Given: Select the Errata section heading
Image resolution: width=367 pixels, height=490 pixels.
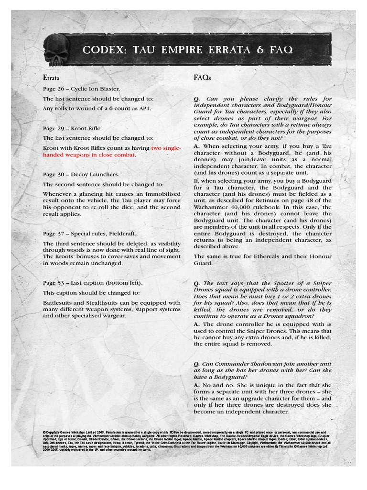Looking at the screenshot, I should (51, 77).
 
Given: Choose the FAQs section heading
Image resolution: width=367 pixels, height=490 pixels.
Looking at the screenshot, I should (203, 77).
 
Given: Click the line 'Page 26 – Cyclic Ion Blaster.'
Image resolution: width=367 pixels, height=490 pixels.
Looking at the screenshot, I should (81, 89).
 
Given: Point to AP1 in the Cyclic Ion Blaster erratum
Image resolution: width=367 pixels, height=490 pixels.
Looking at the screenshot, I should (144, 108).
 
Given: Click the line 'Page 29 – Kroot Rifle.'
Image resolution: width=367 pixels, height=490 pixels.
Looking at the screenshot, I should (72, 128).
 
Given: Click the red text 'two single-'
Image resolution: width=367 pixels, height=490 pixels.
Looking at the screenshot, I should (166, 148).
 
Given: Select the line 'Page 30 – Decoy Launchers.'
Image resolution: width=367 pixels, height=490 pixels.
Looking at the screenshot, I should (81, 175).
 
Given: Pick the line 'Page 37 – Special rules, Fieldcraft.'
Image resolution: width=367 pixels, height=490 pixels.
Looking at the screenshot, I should (89, 234).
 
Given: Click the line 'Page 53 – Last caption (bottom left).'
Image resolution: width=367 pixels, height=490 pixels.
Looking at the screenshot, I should (93, 283).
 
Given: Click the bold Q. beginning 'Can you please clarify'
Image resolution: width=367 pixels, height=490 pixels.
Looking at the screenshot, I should (197, 99).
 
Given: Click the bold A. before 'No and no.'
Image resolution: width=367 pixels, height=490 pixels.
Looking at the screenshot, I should (197, 385).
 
